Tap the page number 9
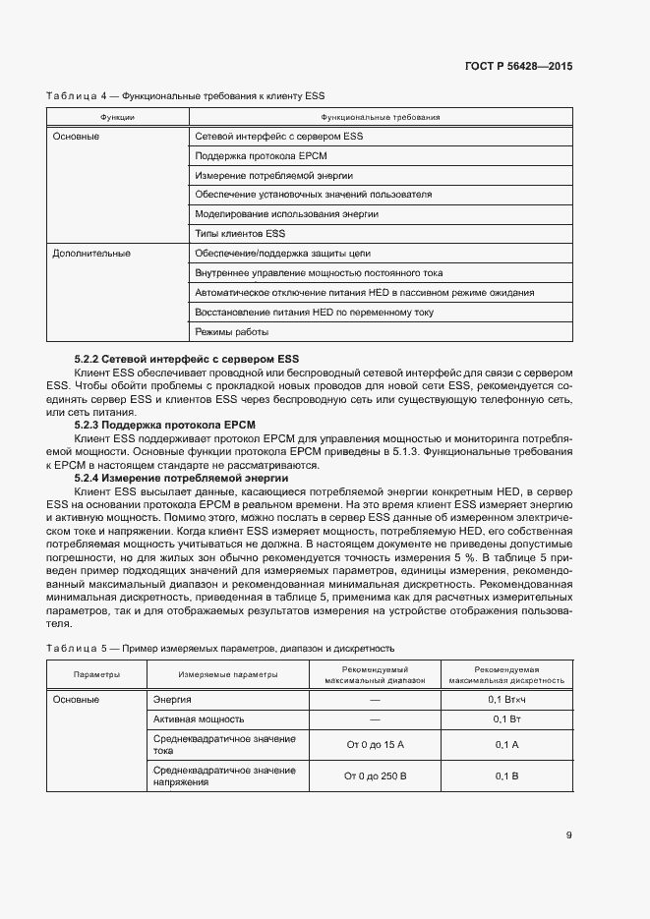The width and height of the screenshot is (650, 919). click(x=568, y=835)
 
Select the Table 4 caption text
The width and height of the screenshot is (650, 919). click(x=185, y=95)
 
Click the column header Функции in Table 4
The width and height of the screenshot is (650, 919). click(x=117, y=117)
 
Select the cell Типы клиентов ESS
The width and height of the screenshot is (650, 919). click(x=240, y=233)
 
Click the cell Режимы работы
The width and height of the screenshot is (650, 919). click(x=231, y=331)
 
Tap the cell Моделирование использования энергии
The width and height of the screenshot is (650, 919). click(x=286, y=213)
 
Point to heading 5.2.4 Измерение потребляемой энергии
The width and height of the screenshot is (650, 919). click(x=189, y=477)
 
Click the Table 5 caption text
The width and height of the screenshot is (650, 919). click(x=220, y=649)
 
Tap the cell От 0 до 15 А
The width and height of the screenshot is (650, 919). click(x=375, y=745)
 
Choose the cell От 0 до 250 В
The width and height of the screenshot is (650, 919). click(x=375, y=776)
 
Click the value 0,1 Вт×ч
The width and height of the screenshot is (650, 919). click(x=506, y=699)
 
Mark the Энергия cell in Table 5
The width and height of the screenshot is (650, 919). click(x=172, y=699)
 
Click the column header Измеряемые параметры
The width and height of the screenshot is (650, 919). click(x=227, y=674)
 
